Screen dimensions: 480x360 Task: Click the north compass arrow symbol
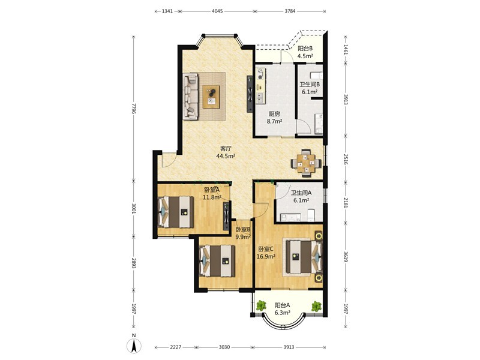coord(134,346)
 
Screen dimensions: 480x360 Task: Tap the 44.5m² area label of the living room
coord(226,156)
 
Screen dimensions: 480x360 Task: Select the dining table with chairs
coord(306,163)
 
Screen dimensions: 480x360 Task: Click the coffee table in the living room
coord(211,97)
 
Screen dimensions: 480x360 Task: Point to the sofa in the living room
coord(190,96)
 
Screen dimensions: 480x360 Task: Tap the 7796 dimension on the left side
coord(133,109)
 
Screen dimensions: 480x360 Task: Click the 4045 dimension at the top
coord(217,11)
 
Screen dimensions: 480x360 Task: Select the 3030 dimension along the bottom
coord(224,347)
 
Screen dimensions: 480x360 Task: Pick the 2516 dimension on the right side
coord(346,159)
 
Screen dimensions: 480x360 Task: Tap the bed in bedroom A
coord(176,212)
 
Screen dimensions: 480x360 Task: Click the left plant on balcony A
coord(261,305)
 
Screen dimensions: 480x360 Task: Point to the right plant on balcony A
coord(316,307)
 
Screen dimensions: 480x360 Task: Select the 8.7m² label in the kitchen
coord(274,121)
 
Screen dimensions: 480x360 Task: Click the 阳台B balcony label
coord(305,49)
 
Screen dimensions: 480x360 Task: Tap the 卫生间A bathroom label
coord(301,193)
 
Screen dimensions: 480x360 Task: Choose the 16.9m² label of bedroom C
coord(266,257)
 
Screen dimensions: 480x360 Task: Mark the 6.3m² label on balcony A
coord(282,313)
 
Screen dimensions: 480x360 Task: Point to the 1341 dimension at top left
coord(167,11)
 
